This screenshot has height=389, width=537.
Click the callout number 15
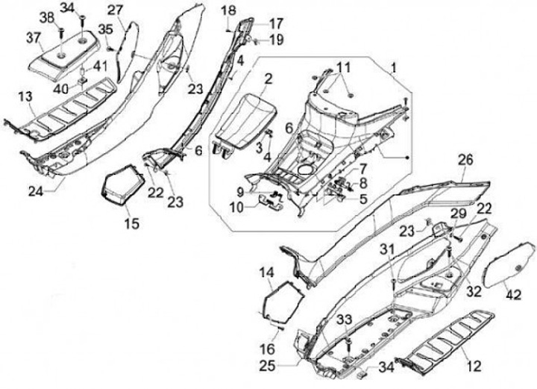131,222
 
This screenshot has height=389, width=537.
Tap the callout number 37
34,37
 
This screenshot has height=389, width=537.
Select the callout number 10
236,206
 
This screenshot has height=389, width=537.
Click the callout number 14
266,273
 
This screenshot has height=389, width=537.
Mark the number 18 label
228,9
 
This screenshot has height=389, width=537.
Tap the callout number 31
388,249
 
